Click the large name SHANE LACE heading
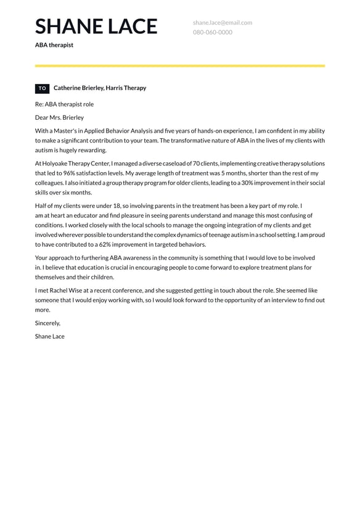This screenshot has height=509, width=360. (x=96, y=26)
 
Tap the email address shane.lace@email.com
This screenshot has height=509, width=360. (x=222, y=23)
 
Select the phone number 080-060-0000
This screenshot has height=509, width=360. (x=212, y=32)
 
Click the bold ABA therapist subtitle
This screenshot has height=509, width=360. (x=54, y=45)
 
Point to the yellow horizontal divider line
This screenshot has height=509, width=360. (x=179, y=65)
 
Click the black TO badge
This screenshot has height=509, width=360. (x=42, y=88)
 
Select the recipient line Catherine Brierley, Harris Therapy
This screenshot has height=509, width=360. (x=100, y=88)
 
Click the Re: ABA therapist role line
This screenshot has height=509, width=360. (x=64, y=104)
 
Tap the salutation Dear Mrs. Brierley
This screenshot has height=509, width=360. (x=59, y=117)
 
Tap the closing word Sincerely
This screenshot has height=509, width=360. (x=47, y=323)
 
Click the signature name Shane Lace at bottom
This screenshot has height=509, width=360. (x=49, y=336)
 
